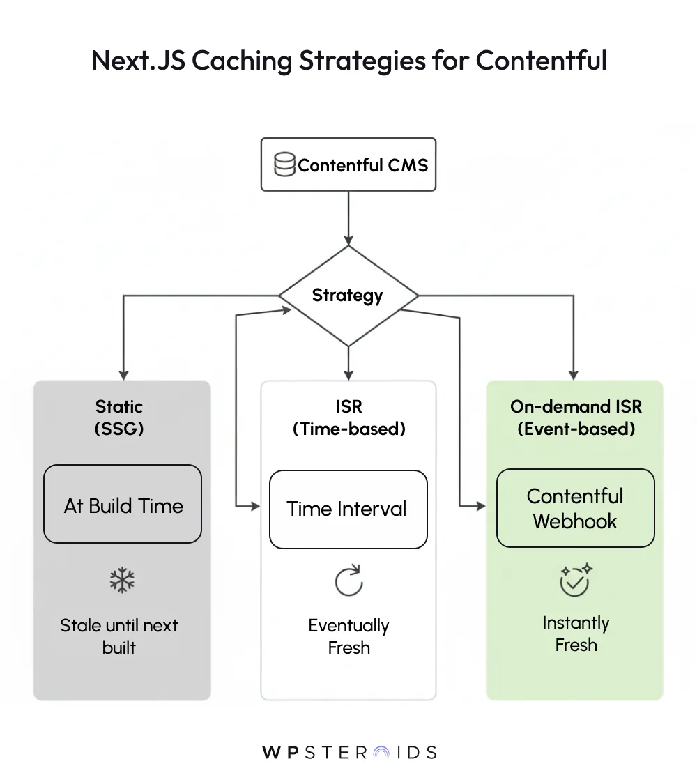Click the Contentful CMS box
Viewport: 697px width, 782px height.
tap(348, 164)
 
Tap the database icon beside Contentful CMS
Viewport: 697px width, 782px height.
tap(284, 165)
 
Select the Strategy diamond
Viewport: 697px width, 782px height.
tap(348, 296)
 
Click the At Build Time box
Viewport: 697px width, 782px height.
tap(123, 505)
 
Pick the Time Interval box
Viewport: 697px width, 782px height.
tap(348, 509)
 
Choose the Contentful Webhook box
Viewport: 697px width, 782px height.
tap(575, 508)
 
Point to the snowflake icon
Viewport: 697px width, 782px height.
tap(122, 580)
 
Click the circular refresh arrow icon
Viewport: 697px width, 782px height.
tap(348, 581)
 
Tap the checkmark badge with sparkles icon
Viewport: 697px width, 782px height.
tap(575, 580)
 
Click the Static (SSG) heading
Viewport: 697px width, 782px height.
tap(119, 417)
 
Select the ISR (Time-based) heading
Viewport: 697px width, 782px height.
tap(348, 417)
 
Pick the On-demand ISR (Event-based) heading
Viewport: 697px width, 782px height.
tap(576, 417)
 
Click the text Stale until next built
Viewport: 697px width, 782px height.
tap(119, 636)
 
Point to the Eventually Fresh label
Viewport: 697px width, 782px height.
tap(348, 636)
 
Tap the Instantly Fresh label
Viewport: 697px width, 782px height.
tap(576, 633)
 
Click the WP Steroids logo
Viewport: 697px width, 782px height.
tap(349, 752)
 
